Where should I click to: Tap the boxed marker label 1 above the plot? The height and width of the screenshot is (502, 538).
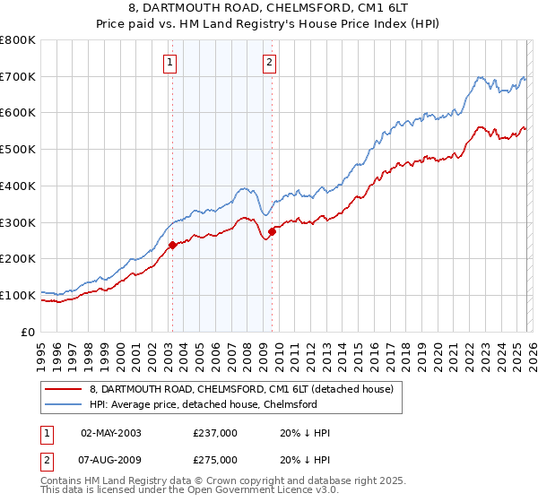tap(169, 62)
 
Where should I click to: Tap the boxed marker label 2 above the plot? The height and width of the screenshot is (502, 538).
tap(269, 62)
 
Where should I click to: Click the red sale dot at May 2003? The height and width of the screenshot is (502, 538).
tap(172, 245)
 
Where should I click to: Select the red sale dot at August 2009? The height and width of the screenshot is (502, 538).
tap(272, 231)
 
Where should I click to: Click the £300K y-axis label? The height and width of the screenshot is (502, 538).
tap(18, 222)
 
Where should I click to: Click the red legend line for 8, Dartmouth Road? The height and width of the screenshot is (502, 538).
tap(64, 389)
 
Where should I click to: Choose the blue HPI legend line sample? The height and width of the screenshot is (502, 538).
tap(64, 404)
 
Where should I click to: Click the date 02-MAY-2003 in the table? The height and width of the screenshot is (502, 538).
tap(111, 433)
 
